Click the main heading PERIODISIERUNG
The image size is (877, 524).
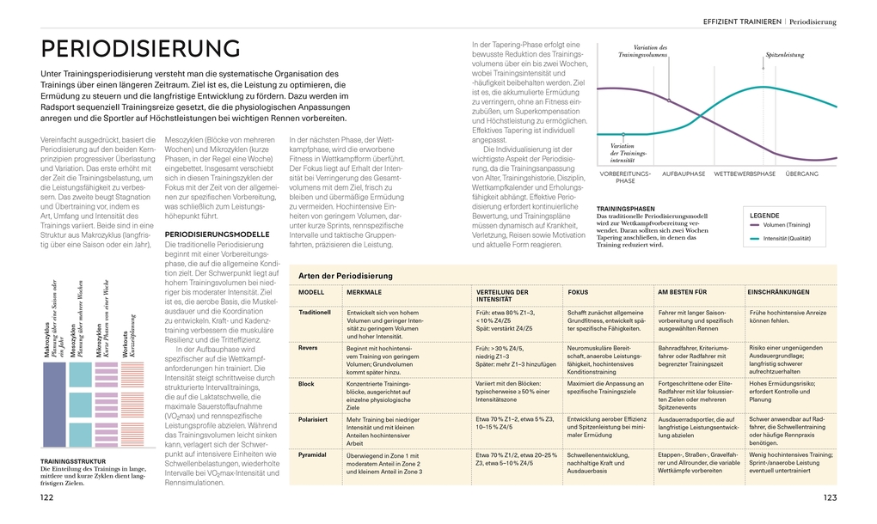[140, 48]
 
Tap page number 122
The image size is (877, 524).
[46, 497]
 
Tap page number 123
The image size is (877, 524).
[830, 497]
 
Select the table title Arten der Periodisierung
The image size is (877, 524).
[345, 276]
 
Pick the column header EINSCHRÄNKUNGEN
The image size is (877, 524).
[779, 292]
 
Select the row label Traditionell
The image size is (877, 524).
[314, 313]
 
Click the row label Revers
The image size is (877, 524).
[307, 348]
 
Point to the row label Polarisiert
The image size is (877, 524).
[313, 418]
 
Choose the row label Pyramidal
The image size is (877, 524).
[312, 454]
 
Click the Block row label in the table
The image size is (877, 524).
[306, 383]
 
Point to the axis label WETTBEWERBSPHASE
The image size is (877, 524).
[744, 174]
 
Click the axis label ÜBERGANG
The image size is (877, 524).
[801, 174]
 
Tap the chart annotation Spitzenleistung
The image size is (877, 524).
[784, 55]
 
